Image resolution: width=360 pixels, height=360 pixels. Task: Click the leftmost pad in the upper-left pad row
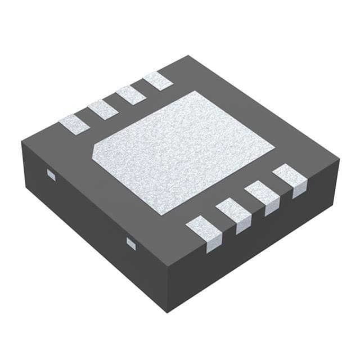coord(74,124)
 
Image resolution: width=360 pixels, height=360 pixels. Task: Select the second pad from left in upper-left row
coord(103,109)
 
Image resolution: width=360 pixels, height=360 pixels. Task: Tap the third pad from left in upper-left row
coord(130,94)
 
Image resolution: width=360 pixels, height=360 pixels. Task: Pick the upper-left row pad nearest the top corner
coord(157,81)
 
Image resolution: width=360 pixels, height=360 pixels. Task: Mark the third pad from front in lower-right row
coord(263,195)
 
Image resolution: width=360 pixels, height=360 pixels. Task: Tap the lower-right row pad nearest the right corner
coord(290,177)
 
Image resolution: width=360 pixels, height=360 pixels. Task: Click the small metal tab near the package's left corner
coord(51,175)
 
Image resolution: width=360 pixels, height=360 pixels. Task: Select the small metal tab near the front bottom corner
coord(131,243)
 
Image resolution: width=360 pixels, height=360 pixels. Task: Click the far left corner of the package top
coord(22,142)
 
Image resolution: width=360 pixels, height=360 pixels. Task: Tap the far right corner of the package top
coord(340,160)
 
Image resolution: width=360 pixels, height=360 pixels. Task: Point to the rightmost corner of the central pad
coord(274,147)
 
